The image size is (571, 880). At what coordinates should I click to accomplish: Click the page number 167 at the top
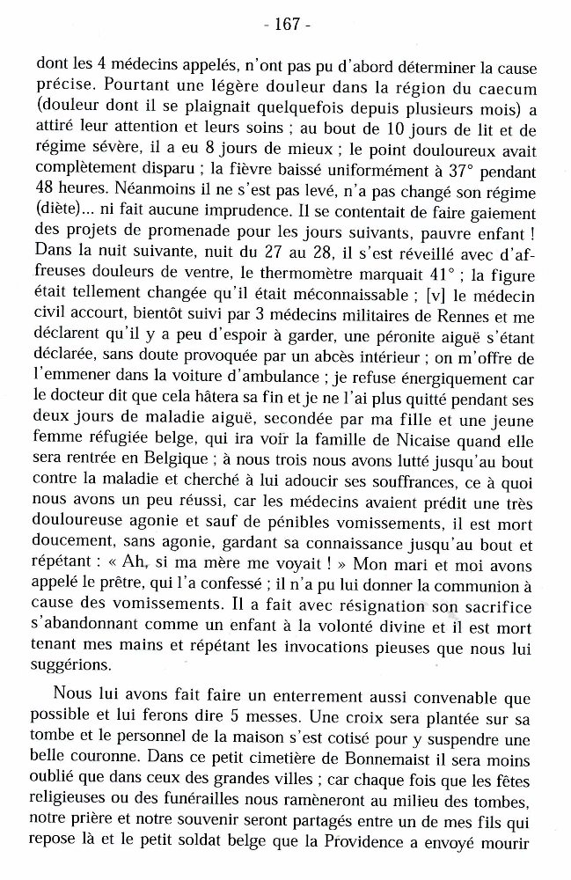[x=287, y=24]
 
